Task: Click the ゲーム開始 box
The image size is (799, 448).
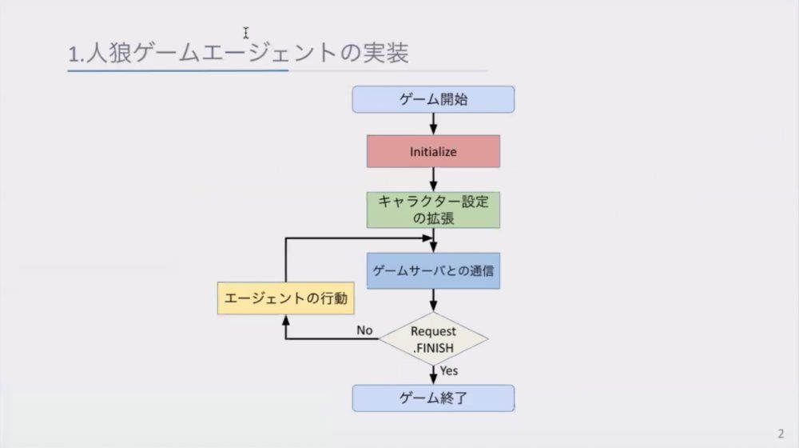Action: (x=433, y=99)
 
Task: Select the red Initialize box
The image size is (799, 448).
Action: (x=433, y=151)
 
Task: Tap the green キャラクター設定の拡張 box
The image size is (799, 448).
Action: (x=433, y=210)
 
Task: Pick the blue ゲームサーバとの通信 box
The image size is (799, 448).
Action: (x=433, y=270)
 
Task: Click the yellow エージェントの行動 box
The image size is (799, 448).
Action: (x=286, y=298)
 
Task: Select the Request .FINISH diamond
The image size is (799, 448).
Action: (x=433, y=339)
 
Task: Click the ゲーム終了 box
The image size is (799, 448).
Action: (x=433, y=398)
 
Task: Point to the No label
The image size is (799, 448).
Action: (x=364, y=330)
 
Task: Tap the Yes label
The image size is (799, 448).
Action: (x=448, y=370)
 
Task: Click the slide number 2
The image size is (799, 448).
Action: (x=781, y=434)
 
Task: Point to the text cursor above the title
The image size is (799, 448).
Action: (x=245, y=33)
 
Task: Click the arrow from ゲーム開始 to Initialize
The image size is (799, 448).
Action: (x=433, y=124)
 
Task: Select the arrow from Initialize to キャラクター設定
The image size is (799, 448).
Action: (x=433, y=180)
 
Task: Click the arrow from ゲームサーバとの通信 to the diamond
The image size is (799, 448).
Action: (x=433, y=301)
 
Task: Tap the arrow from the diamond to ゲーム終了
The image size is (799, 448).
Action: (x=433, y=375)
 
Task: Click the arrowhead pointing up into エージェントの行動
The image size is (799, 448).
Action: (x=286, y=320)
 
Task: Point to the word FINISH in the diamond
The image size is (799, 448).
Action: (x=435, y=348)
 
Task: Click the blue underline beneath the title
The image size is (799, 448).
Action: (x=178, y=70)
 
